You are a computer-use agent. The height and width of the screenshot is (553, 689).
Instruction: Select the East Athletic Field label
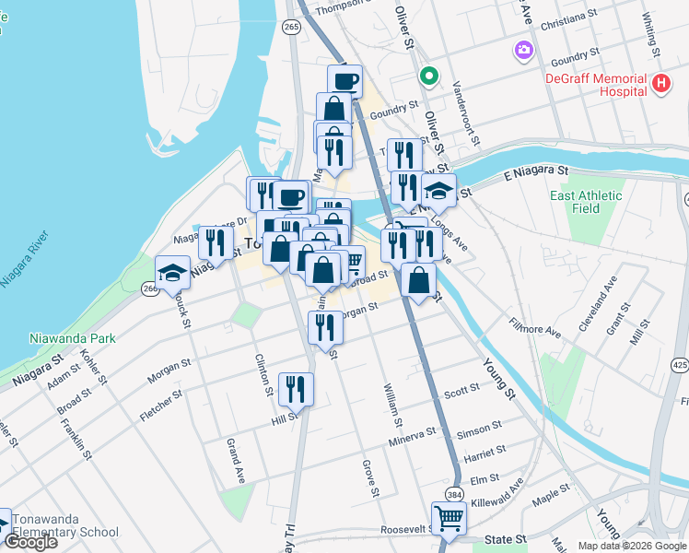pos(588,202)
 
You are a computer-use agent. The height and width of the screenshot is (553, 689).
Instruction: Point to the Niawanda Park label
pos(72,338)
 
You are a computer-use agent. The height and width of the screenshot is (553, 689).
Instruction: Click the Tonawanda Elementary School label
pos(65,524)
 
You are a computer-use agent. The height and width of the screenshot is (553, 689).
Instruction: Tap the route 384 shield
pos(454,495)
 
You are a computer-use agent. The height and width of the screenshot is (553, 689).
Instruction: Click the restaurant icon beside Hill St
pos(297,388)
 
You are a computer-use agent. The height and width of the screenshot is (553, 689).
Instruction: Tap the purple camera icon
pos(524,49)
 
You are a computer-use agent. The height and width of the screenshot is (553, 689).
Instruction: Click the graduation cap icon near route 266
pos(172,271)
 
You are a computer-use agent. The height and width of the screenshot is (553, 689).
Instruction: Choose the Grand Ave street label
pos(235,462)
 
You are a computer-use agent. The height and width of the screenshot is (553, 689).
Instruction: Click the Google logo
pos(30,542)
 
